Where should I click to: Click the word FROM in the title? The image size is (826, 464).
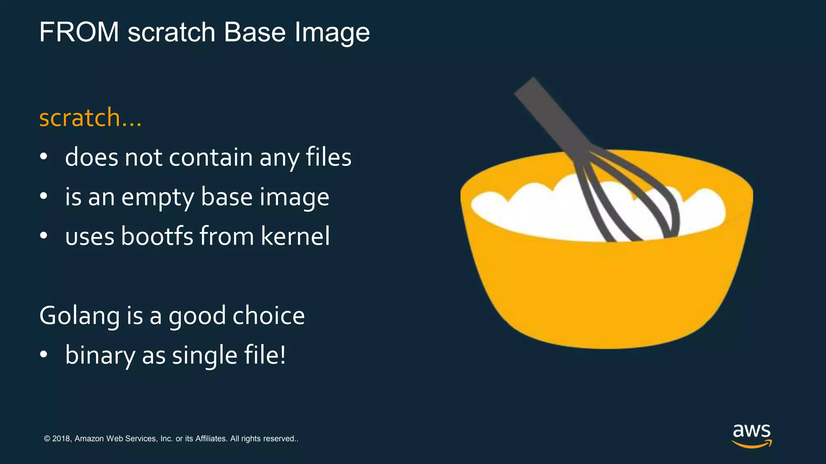click(x=79, y=32)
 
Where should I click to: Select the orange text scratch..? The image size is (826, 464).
click(x=80, y=118)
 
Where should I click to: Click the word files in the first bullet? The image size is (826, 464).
click(x=328, y=157)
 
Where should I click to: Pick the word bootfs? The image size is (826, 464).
click(x=157, y=236)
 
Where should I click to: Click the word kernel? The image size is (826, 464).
click(x=295, y=236)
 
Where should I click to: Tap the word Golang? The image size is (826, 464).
click(x=79, y=316)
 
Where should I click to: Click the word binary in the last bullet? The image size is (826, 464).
click(x=100, y=355)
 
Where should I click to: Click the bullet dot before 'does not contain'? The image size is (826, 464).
click(x=44, y=157)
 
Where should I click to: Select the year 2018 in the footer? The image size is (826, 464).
click(x=61, y=439)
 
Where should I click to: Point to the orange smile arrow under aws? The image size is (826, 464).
click(x=751, y=444)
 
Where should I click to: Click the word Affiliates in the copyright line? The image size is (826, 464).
click(x=211, y=439)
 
